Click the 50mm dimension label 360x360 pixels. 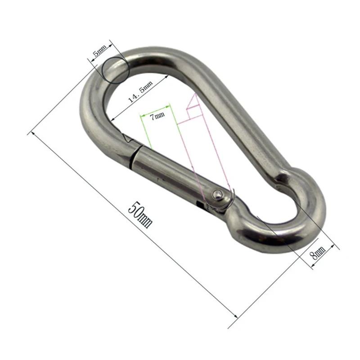[140, 215]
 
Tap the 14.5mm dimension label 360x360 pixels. [140, 91]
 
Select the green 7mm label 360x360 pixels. [157, 116]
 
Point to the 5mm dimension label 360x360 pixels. [99, 50]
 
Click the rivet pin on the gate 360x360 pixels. [216, 195]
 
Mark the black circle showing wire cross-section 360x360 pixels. [116, 70]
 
